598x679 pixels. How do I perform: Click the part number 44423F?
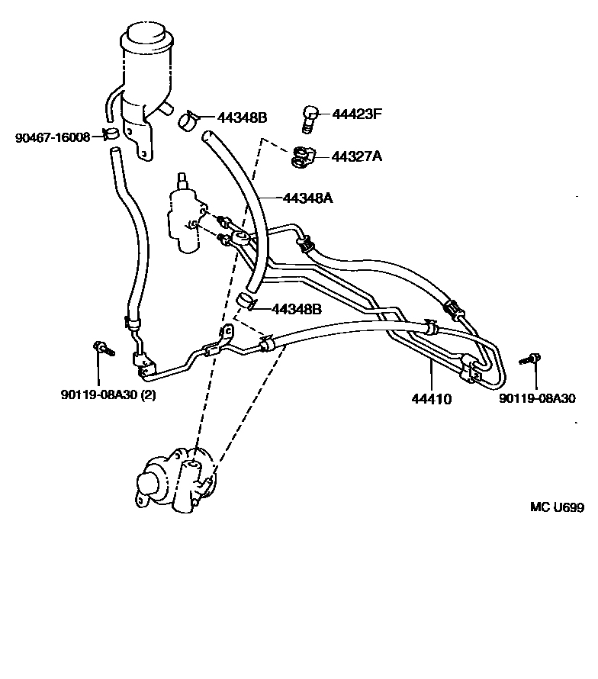[356, 114]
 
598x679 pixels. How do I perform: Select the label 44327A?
[356, 156]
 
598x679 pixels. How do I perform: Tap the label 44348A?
[308, 198]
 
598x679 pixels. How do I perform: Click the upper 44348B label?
[242, 117]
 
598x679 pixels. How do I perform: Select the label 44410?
[431, 398]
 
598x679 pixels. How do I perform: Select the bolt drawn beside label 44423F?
[308, 117]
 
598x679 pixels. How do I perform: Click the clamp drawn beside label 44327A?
[304, 156]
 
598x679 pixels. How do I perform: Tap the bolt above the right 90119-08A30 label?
[532, 358]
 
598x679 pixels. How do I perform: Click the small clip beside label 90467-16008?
[111, 137]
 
